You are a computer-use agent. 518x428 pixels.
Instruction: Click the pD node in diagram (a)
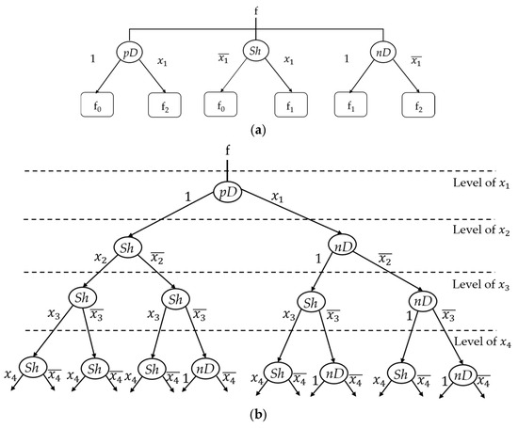[130, 53]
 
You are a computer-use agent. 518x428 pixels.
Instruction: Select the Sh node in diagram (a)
[255, 51]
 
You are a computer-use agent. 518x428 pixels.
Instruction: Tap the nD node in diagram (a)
[383, 53]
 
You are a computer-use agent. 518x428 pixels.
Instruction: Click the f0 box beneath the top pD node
[97, 105]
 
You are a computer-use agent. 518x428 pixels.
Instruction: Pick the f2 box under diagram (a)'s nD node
[418, 105]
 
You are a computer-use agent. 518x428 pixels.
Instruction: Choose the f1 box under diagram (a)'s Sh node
[291, 104]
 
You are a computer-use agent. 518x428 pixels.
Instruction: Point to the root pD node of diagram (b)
[227, 192]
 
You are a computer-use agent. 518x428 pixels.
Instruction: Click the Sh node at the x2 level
[128, 247]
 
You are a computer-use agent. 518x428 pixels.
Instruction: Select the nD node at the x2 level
[342, 246]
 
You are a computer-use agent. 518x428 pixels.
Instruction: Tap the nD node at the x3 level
[423, 301]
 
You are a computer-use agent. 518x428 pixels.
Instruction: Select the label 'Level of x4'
[482, 341]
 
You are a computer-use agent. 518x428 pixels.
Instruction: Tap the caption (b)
[258, 414]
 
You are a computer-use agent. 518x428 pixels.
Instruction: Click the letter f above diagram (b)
[228, 151]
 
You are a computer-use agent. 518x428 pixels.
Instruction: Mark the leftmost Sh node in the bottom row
[33, 368]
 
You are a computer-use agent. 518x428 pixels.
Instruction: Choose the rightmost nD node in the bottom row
[463, 376]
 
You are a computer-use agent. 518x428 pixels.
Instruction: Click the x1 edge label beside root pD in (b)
[277, 197]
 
